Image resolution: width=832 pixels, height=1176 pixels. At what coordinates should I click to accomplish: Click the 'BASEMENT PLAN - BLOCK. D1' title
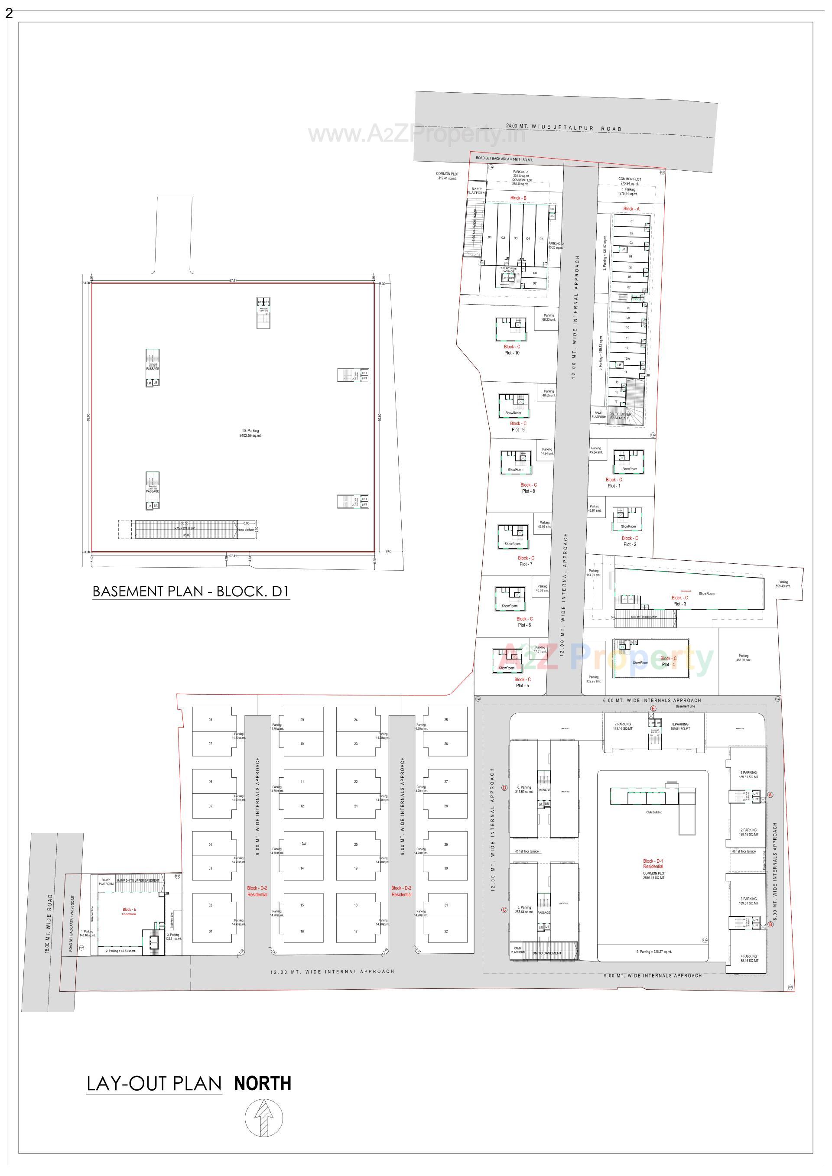pos(191,591)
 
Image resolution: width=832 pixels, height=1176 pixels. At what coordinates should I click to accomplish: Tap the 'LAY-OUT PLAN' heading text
pos(154,1084)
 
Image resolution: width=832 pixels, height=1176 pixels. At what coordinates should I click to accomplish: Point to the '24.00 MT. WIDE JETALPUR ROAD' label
pos(563,127)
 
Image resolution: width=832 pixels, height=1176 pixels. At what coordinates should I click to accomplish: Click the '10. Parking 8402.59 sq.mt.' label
pos(250,433)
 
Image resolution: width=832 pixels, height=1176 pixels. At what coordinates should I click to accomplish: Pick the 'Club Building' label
pos(654,812)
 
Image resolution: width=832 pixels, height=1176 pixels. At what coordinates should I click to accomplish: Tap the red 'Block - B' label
pos(518,198)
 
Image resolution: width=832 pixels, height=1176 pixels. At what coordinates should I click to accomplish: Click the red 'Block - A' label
pos(631,209)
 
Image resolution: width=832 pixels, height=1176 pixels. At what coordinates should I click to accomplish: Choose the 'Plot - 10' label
pos(512,353)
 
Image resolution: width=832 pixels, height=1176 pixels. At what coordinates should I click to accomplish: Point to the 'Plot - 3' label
pos(679,604)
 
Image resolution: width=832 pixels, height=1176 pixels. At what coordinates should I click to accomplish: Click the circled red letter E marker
pos(653,709)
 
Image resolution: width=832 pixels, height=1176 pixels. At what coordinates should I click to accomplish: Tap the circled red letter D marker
pos(505,788)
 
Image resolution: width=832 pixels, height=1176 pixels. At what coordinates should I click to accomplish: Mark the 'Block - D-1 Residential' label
pos(653,864)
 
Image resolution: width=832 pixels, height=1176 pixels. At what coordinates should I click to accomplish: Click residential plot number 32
pos(446,931)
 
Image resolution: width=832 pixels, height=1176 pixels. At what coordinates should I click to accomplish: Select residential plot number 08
pos(210,720)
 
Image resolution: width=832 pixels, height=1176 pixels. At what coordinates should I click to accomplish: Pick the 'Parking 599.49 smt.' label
pos(783,584)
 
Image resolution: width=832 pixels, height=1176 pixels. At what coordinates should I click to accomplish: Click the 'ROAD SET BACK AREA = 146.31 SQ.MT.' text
pos(504,159)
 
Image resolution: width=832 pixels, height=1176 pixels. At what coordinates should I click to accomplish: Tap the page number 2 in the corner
pos(9,14)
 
